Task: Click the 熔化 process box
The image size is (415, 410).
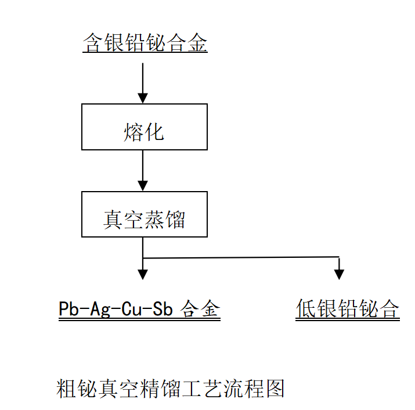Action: tap(145, 127)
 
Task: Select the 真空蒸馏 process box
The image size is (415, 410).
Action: tap(145, 214)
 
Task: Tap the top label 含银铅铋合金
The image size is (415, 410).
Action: tap(145, 44)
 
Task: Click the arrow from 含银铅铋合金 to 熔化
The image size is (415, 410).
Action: tap(143, 81)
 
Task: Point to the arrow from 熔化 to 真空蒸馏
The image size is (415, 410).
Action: tap(143, 170)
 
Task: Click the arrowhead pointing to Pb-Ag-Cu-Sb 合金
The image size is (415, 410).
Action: tap(143, 274)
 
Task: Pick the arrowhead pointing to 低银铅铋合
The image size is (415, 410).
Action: tap(340, 274)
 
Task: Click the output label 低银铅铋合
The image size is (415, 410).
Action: tap(348, 308)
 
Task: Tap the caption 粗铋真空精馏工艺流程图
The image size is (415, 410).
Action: tap(171, 388)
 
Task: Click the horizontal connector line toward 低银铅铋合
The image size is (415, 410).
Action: tap(241, 257)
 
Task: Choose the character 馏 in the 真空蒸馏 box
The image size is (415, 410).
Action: tap(175, 220)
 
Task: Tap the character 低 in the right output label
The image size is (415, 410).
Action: tap(306, 308)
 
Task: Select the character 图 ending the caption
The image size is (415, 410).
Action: tap(275, 388)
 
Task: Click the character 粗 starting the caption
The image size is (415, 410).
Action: tap(67, 388)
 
